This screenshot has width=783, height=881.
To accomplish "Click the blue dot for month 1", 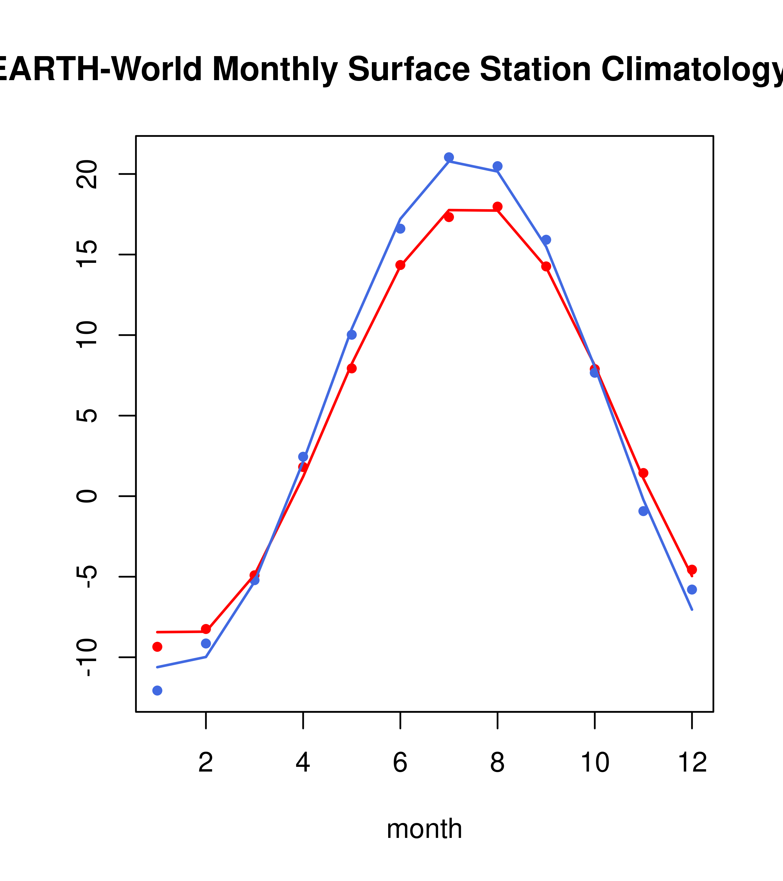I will pos(157,691).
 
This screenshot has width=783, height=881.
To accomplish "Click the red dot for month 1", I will pos(157,647).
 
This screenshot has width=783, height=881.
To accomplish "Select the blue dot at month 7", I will pos(449,157).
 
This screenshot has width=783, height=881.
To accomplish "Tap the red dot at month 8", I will pos(497,206).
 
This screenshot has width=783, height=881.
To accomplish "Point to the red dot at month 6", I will pos(400,265).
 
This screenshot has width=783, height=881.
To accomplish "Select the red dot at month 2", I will pos(206,629).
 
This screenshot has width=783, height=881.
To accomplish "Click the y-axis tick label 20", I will pos(86,174).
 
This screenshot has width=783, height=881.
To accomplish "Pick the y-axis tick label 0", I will pos(86,496).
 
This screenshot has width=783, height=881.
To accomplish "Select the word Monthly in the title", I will pos(275,70).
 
